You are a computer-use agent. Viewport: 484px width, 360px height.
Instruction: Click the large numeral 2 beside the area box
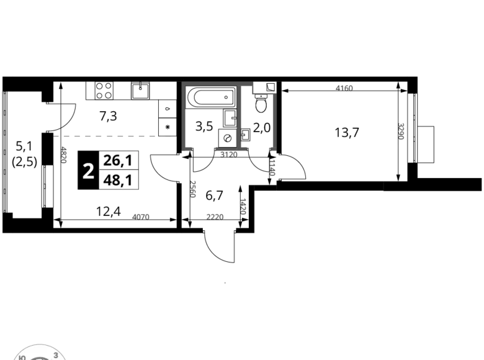(89, 171)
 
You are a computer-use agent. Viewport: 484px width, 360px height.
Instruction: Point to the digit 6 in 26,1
(116, 160)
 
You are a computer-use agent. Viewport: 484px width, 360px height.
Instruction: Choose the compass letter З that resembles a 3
(56, 355)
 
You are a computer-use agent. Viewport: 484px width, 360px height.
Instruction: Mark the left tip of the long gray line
(56, 136)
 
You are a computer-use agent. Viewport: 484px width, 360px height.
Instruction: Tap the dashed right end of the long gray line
(166, 136)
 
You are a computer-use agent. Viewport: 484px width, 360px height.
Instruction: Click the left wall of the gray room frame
(184, 118)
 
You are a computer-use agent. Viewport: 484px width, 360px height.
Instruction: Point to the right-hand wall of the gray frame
(238, 118)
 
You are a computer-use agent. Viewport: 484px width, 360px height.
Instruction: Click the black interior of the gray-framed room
(211, 118)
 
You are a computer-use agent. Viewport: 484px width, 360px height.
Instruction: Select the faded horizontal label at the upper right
(344, 89)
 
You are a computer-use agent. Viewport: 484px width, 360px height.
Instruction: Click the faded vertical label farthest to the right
(402, 131)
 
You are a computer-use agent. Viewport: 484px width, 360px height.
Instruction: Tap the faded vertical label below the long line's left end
(65, 153)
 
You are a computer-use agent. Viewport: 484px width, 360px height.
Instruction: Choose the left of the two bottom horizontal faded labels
(141, 217)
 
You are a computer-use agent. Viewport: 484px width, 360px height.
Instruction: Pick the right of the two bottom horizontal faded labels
(215, 217)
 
